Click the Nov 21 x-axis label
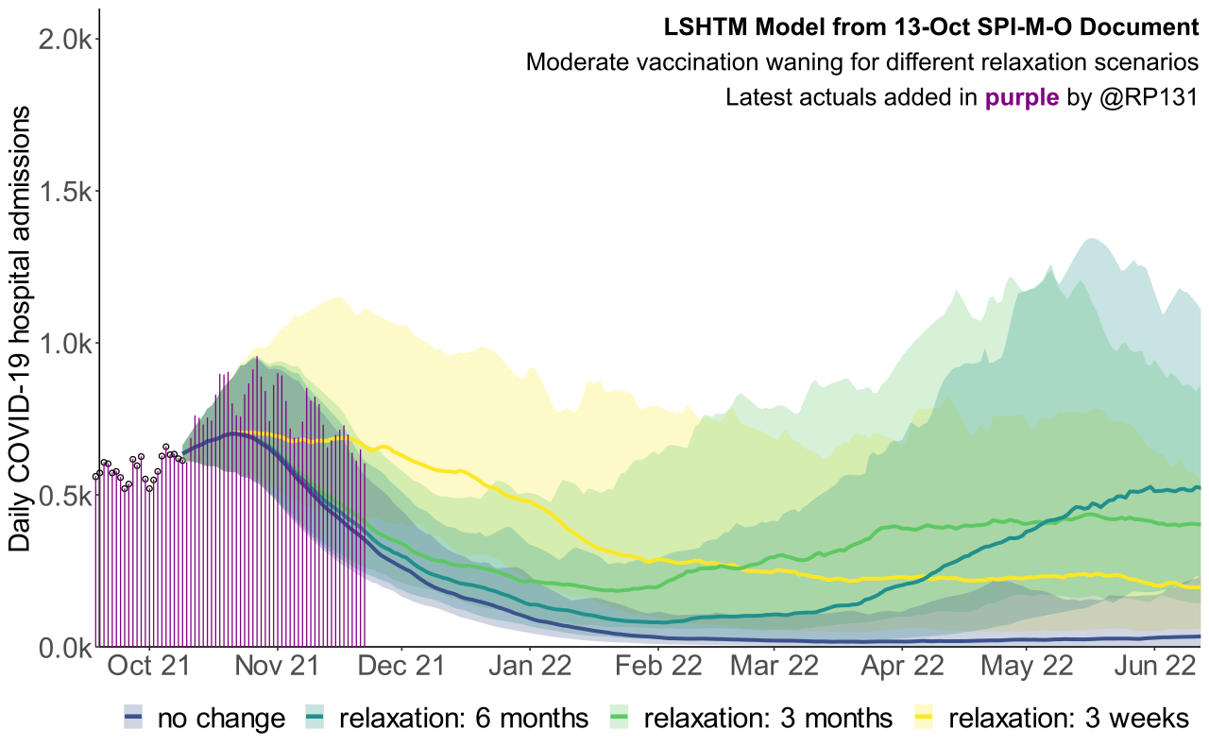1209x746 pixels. coord(278,667)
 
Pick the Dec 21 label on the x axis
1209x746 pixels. coord(401,667)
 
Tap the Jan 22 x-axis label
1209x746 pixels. coord(529,667)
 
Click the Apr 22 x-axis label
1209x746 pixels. coord(901,667)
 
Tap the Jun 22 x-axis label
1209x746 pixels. coord(1153,667)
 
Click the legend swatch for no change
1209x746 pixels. coord(133,719)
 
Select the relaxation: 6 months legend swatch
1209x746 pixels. coord(315,719)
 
